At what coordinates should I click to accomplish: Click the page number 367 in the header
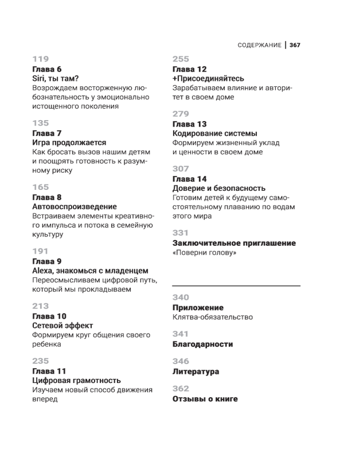tap(295, 45)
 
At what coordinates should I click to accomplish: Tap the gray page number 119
tap(40, 59)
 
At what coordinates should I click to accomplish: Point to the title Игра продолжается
tap(69, 143)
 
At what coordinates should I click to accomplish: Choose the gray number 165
tap(40, 187)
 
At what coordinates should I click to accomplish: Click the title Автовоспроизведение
tap(75, 207)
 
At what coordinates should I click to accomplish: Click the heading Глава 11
tap(49, 371)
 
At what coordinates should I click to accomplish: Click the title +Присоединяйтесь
tap(208, 78)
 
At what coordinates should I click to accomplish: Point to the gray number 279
tap(181, 114)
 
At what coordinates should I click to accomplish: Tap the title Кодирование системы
tap(215, 133)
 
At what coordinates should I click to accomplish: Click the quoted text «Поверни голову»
tap(205, 253)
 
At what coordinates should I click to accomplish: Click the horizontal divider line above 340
tap(236, 286)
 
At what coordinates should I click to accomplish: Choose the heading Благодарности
tap(203, 344)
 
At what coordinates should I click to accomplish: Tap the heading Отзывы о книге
tap(205, 399)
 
